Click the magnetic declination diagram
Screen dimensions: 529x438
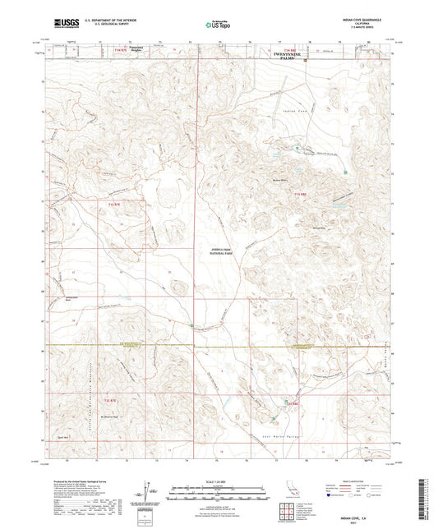click(154, 493)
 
